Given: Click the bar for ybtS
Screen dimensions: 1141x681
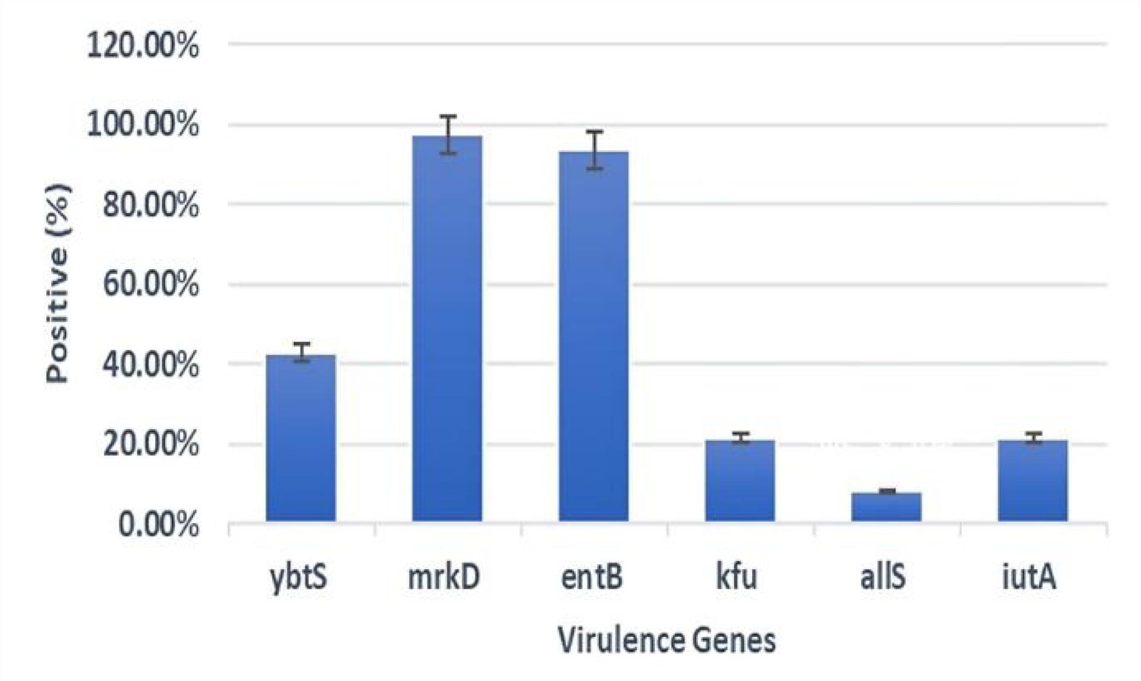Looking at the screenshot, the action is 301,438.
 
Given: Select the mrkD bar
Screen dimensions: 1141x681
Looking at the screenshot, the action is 447,329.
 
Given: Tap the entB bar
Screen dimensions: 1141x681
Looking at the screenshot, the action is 593,337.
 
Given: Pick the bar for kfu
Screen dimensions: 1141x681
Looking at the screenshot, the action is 740,481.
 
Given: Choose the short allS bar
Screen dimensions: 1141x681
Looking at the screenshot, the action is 886,507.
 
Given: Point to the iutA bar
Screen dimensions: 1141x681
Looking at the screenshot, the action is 1032,481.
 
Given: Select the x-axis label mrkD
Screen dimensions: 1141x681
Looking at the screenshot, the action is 444,576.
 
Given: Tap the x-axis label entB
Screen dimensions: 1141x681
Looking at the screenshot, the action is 592,576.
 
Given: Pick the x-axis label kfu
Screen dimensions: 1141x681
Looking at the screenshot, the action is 737,576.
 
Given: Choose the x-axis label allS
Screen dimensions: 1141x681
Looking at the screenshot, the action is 883,576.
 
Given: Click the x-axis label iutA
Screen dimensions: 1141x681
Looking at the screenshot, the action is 1029,576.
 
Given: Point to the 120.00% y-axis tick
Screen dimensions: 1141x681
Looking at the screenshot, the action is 143,45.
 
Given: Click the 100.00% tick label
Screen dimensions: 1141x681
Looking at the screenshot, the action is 143,126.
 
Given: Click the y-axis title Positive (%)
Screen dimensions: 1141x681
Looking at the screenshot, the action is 58,284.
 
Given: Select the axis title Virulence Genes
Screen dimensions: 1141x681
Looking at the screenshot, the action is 666,640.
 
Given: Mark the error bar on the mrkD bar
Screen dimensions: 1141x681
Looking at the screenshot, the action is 447,135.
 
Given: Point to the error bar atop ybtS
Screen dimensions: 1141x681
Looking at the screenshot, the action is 301,353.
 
